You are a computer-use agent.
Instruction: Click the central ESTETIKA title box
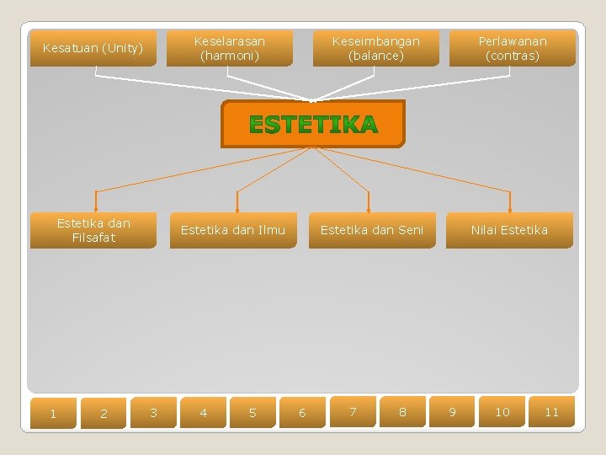[x=313, y=125]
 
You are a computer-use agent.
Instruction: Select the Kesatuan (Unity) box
[x=93, y=48]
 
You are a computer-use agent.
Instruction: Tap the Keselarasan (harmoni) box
[x=230, y=48]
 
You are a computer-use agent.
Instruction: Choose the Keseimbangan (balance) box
[x=375, y=48]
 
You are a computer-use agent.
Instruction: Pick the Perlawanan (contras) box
[x=512, y=48]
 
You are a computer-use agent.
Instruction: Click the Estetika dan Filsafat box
[x=93, y=230]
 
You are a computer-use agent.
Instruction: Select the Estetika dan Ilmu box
[x=233, y=230]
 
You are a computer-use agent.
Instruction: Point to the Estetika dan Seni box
[x=372, y=230]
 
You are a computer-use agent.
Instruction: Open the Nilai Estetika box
[x=509, y=230]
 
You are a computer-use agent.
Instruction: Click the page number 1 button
[x=53, y=413]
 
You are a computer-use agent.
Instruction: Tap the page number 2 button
[x=104, y=413]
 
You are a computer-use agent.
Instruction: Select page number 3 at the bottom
[x=153, y=412]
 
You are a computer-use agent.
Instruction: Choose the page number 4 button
[x=203, y=412]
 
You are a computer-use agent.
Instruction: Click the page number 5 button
[x=252, y=412]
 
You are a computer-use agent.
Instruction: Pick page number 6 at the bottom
[x=302, y=412]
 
